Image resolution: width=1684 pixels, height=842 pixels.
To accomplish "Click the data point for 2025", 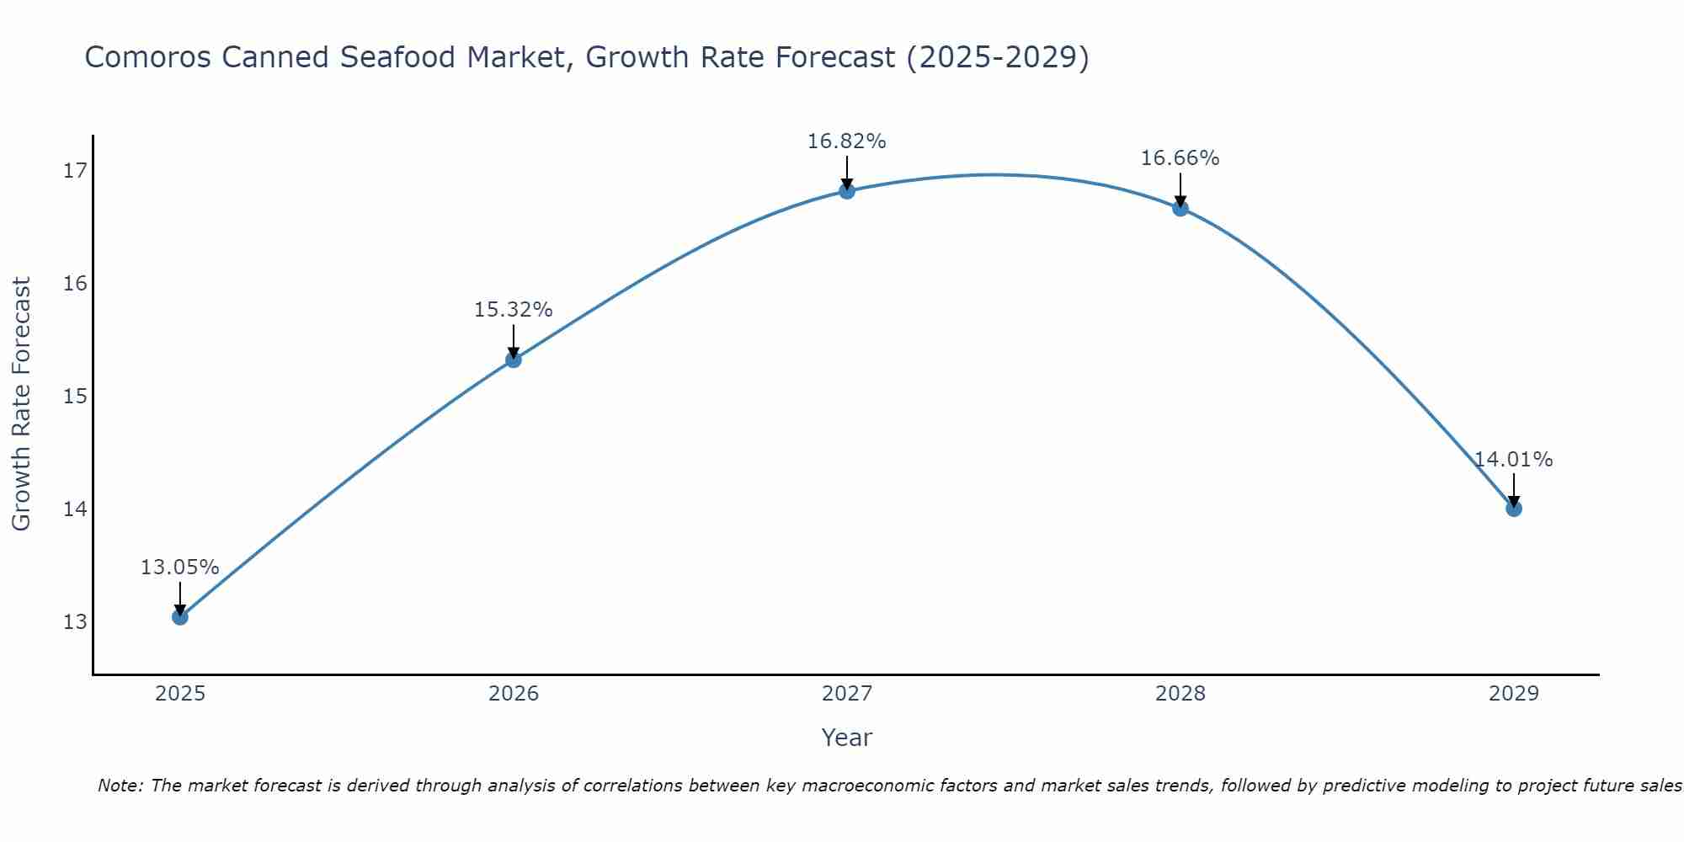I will click(180, 617).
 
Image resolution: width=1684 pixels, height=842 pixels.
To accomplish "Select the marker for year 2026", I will click(514, 360).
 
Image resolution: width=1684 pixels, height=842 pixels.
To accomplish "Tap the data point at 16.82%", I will click(847, 191).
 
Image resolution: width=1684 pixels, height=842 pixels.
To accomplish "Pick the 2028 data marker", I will click(1180, 208).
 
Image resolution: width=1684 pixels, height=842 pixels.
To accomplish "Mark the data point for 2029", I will click(1513, 509).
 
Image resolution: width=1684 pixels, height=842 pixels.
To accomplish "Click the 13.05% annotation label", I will click(179, 568).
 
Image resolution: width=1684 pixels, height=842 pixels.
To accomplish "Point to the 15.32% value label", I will click(513, 310).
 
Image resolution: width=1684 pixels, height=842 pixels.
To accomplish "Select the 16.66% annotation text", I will click(1180, 158).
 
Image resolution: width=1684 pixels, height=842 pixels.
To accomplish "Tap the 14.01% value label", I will click(1513, 460).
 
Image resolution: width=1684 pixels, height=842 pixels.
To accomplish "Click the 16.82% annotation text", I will click(846, 141).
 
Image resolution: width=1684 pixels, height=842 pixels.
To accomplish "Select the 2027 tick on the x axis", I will click(847, 694).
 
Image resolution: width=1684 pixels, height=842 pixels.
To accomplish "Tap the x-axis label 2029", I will click(1513, 694).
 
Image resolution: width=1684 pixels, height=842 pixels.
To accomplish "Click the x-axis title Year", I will click(846, 738).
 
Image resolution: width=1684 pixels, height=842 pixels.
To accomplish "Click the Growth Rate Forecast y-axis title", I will click(21, 404).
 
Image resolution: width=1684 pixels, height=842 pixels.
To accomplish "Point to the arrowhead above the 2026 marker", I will click(514, 353).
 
